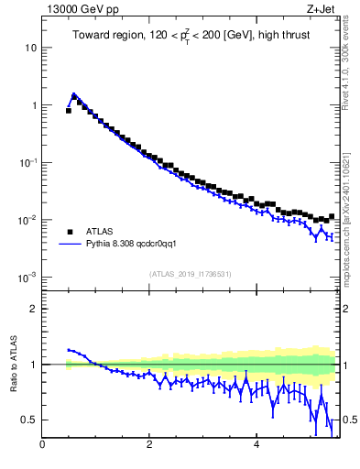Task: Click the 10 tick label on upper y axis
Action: pyautogui.click(x=30, y=48)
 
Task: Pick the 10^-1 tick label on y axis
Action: pyautogui.click(x=27, y=162)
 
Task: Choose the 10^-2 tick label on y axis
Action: pyautogui.click(x=27, y=220)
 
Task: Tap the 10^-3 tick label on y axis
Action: pyautogui.click(x=27, y=277)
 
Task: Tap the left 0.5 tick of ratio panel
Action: pyautogui.click(x=30, y=420)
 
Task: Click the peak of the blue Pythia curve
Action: pyautogui.click(x=73, y=93)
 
